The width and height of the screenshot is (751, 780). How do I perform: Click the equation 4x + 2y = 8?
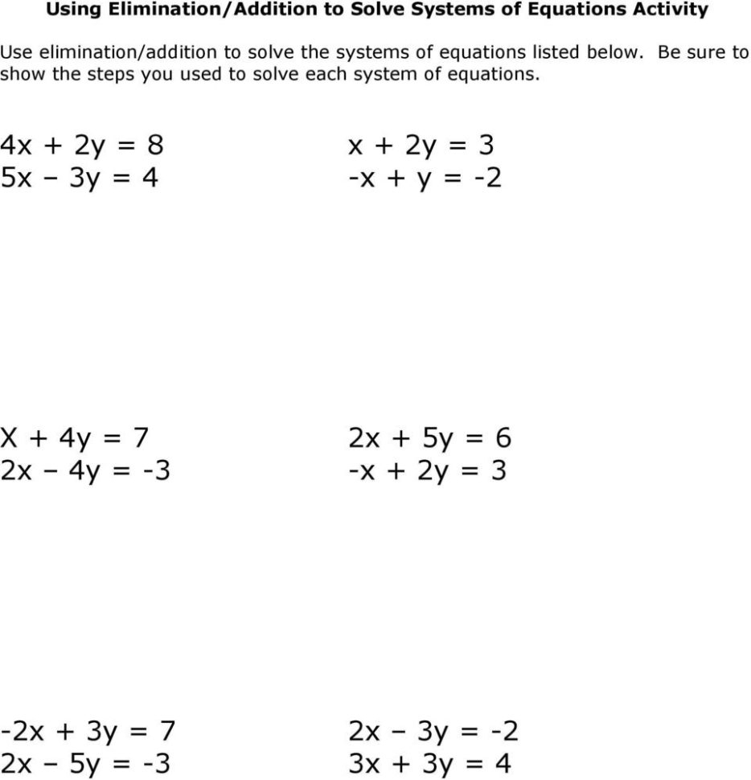click(x=82, y=146)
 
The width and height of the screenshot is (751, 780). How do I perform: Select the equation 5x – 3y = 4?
click(x=80, y=177)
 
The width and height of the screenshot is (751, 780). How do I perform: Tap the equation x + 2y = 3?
click(x=421, y=146)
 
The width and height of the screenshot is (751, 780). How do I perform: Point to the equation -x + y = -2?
click(x=425, y=177)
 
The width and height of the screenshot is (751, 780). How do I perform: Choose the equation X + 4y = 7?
click(x=75, y=438)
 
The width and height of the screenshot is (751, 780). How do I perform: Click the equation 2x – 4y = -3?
click(x=85, y=470)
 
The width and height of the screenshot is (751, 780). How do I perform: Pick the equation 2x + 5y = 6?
click(x=429, y=438)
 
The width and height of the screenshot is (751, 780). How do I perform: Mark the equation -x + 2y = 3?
click(x=427, y=470)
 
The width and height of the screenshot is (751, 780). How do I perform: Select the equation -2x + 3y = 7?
click(x=88, y=732)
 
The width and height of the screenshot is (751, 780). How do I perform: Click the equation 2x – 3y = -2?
click(x=433, y=732)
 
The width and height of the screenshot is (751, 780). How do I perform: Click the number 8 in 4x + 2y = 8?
click(x=155, y=146)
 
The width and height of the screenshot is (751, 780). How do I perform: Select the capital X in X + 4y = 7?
click(x=9, y=438)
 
